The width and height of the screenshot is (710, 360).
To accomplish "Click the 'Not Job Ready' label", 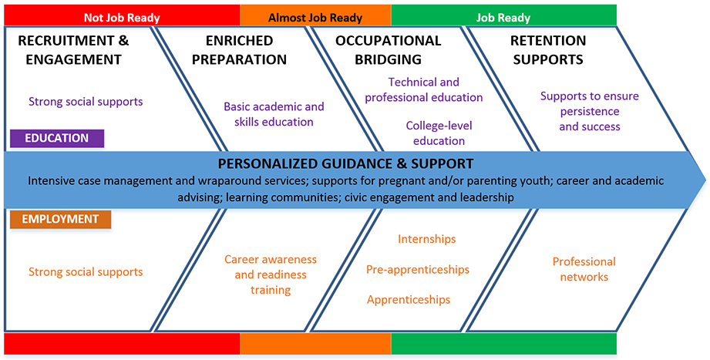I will click(123, 16).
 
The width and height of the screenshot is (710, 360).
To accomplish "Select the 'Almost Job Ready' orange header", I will click(315, 16).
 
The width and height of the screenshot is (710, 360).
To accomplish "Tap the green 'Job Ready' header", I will click(503, 16).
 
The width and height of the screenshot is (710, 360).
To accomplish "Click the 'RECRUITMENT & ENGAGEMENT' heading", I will click(73, 49).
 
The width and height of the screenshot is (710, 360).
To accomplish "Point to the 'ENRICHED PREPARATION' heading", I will click(239, 49).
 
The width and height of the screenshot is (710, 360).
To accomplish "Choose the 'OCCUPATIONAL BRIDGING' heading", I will click(389, 49).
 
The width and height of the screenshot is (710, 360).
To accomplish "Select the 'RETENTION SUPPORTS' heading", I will click(548, 49).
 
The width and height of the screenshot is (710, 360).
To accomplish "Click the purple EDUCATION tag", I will click(56, 138).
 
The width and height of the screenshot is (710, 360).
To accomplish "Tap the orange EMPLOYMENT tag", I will click(60, 219).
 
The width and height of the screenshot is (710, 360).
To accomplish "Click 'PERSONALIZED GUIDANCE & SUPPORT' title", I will click(345, 163).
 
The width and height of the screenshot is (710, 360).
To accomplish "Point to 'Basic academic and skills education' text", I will click(274, 114).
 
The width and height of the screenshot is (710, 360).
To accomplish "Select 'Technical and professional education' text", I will click(424, 89).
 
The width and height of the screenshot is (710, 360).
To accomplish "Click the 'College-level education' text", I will click(439, 133).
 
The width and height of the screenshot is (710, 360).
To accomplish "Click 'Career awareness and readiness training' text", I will click(270, 274).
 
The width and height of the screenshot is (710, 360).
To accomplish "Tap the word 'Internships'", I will click(426, 239).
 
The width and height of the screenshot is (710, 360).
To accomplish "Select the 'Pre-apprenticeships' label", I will click(418, 269).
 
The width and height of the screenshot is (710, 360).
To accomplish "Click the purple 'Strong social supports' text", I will click(86, 101).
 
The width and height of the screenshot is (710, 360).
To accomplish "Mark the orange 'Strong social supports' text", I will click(86, 271).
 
